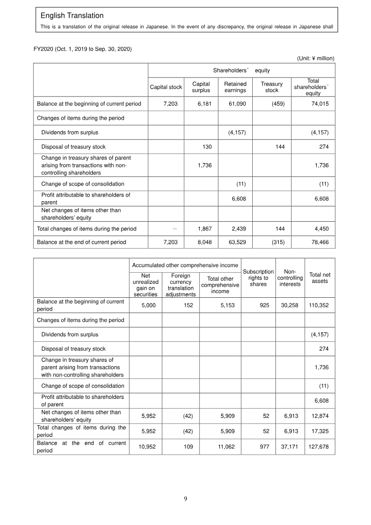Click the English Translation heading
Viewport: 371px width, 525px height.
click(72, 16)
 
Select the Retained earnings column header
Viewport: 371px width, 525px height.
click(235, 87)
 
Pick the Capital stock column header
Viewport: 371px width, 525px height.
click(166, 87)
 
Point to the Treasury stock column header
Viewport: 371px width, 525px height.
click(271, 87)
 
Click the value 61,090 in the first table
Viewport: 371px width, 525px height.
click(237, 104)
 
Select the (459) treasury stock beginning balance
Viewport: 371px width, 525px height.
click(278, 104)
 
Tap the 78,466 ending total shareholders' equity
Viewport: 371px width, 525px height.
click(320, 242)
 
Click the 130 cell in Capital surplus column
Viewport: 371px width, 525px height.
click(207, 147)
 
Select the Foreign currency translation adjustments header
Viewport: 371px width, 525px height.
click(180, 285)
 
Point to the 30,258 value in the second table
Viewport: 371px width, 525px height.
click(291, 306)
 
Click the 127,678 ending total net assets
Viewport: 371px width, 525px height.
click(319, 447)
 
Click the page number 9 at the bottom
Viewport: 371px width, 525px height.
click(185, 499)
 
